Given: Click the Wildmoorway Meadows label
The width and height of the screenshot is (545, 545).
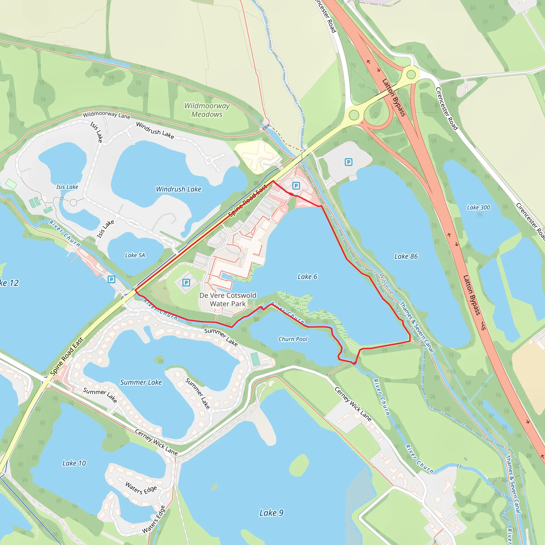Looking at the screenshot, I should coord(207,110).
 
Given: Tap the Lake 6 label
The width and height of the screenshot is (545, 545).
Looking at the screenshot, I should coord(307,277).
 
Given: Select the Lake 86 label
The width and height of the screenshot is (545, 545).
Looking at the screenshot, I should coord(406,257).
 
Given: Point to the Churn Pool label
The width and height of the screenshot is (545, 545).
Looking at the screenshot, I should coord(293,339).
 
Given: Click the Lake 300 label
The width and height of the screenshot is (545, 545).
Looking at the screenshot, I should coord(478,208).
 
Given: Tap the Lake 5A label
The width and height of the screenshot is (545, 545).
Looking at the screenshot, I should coord(135,255).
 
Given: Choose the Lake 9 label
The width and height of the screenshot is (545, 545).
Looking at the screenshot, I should coord(271,513).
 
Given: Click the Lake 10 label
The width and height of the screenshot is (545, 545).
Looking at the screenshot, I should coord(74,463).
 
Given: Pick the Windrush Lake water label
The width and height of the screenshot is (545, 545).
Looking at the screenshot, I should coord(179,189).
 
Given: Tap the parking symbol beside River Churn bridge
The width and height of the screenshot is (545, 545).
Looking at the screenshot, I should coord(112,279).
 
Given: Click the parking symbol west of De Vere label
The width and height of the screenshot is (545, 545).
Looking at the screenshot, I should coord(186,282).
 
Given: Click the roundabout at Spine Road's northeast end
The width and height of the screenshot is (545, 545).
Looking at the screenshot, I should coord(354,115).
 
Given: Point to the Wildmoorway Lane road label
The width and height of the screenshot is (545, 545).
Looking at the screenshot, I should coord(106,115).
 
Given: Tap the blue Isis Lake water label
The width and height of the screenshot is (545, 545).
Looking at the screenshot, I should coord(67,187).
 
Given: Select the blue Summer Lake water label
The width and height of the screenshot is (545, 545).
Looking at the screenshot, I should coord(141,382).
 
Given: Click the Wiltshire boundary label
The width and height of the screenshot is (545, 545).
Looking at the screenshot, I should coord(386,284).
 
